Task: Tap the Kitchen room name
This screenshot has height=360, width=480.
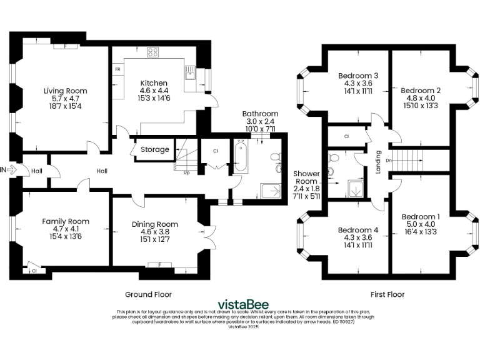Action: (x=153, y=83)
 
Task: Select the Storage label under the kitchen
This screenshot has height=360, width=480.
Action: (x=154, y=150)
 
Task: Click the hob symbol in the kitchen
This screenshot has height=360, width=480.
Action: (x=152, y=52)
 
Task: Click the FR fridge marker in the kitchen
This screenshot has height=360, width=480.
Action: (x=117, y=69)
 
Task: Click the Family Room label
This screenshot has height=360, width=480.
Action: (x=66, y=221)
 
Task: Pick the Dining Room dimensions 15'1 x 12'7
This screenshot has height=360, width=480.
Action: (x=154, y=239)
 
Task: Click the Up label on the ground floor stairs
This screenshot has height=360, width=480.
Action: (x=186, y=172)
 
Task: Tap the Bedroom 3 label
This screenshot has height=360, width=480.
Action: (x=357, y=75)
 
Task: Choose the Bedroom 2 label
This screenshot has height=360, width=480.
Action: (x=421, y=90)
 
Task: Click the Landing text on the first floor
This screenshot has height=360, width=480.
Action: (x=377, y=161)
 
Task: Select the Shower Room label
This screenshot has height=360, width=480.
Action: (x=307, y=177)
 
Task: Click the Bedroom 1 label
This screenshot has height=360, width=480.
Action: (x=421, y=217)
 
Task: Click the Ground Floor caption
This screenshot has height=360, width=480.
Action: (x=148, y=294)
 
